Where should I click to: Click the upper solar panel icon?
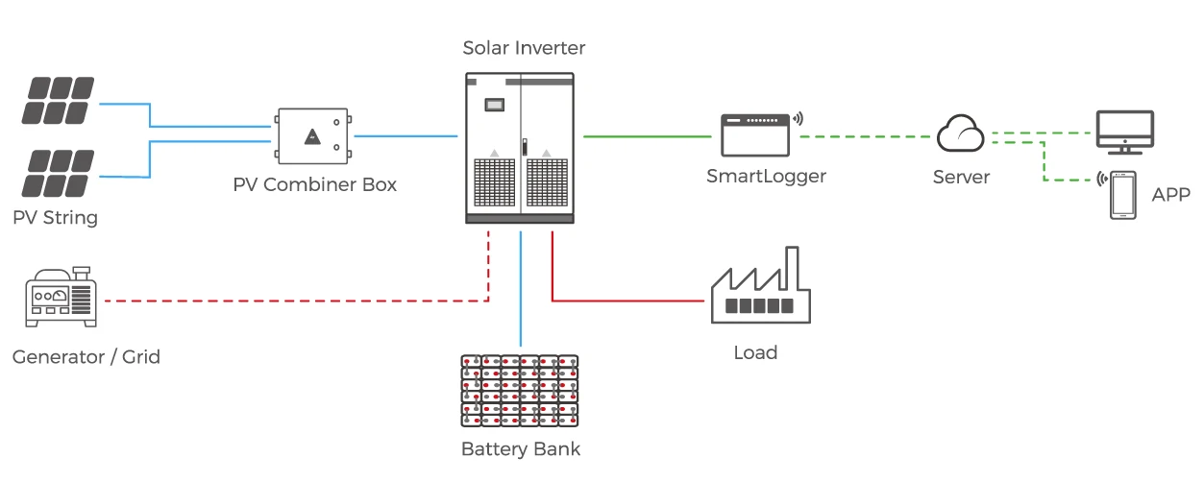[60, 101]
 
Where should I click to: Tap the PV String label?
[56, 218]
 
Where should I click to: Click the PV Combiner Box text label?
[315, 184]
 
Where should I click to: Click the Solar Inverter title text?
[524, 48]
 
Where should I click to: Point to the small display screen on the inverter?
[495, 104]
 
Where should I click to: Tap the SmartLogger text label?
[766, 176]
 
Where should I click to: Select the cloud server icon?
[961, 134]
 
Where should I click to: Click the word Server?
[961, 178]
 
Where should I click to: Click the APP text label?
[1170, 195]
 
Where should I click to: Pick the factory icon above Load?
[760, 287]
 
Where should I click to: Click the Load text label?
[755, 352]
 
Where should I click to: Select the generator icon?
[60, 297]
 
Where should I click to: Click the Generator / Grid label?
[86, 357]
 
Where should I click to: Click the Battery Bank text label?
[521, 448]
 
